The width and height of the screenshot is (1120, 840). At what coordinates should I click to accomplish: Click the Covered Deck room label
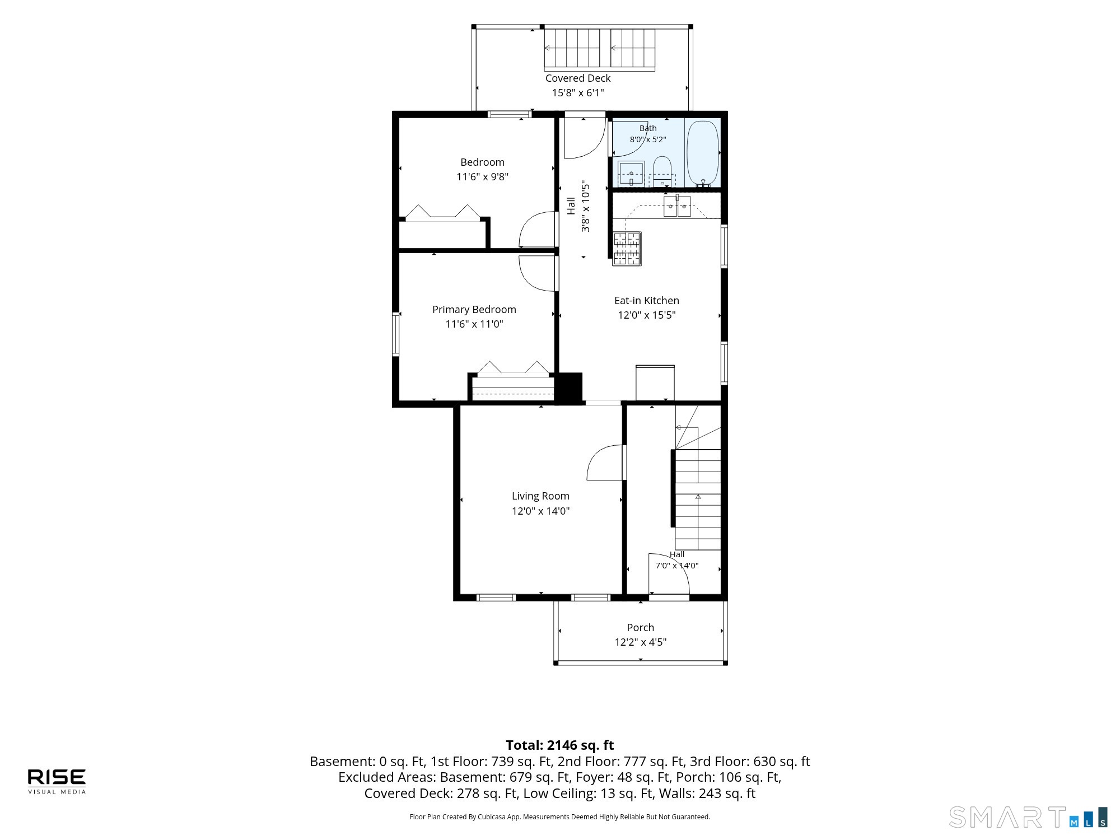578,78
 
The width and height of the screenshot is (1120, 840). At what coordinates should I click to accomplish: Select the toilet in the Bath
662,171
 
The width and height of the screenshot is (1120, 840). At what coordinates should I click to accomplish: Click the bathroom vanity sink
631,174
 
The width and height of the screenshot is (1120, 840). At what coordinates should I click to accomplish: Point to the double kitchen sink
677,206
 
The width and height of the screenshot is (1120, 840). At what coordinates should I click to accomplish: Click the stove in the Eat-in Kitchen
627,249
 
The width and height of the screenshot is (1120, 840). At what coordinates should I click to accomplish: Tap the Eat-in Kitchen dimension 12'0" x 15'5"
647,315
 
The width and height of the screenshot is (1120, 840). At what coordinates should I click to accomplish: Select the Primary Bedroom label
474,310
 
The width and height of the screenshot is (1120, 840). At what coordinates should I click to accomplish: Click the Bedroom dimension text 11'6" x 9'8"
483,177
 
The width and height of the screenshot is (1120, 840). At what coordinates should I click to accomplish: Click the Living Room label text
540,496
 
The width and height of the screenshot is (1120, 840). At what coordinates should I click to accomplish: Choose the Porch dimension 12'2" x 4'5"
641,642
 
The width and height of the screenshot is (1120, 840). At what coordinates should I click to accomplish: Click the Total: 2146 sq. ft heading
560,745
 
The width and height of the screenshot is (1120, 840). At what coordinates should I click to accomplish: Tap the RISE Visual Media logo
57,781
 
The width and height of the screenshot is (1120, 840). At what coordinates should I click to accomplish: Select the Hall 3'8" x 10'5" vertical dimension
586,207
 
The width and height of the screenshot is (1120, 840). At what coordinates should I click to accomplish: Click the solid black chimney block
568,387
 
